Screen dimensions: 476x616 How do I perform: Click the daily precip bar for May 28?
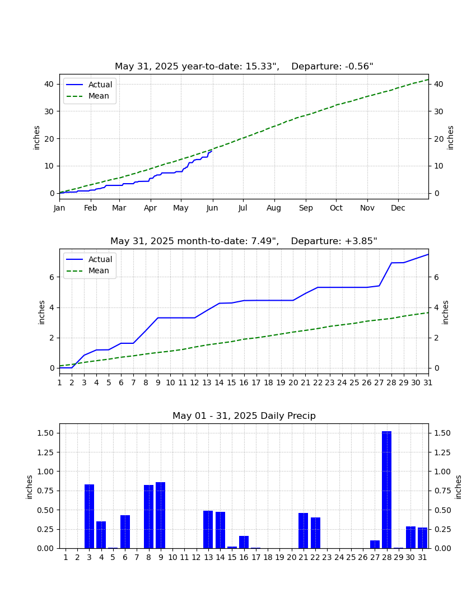pos(386,489)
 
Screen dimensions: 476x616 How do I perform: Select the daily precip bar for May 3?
pos(89,516)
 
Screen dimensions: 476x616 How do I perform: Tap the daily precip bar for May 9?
pos(160,515)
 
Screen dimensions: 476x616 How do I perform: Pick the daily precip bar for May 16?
pos(244,542)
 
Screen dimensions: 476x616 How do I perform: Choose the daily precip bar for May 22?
pos(315,533)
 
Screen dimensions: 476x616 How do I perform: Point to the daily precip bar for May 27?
pos(375,544)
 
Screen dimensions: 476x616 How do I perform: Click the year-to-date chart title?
pos(244,67)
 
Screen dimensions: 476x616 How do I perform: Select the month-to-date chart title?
pos(244,241)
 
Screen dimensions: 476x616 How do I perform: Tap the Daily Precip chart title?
pos(244,416)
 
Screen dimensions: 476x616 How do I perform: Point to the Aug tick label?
pos(274,208)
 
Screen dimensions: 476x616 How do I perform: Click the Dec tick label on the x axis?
pos(398,208)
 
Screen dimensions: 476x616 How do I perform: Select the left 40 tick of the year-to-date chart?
pos(49,84)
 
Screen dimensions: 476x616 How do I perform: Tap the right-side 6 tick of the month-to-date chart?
pos(436,277)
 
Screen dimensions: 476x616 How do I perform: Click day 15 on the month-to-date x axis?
pos(232,382)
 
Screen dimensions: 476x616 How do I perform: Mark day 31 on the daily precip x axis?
pos(422,557)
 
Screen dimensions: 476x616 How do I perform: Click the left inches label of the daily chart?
pos(30,487)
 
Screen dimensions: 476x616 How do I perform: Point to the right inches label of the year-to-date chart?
pos(450,138)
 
